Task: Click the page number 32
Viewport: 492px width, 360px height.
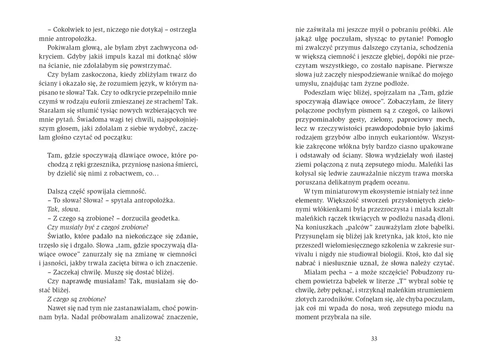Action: pyautogui.click(x=118, y=339)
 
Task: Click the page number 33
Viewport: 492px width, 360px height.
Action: pyautogui.click(x=374, y=339)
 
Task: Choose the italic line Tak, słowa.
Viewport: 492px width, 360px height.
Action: pyautogui.click(x=64, y=209)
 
